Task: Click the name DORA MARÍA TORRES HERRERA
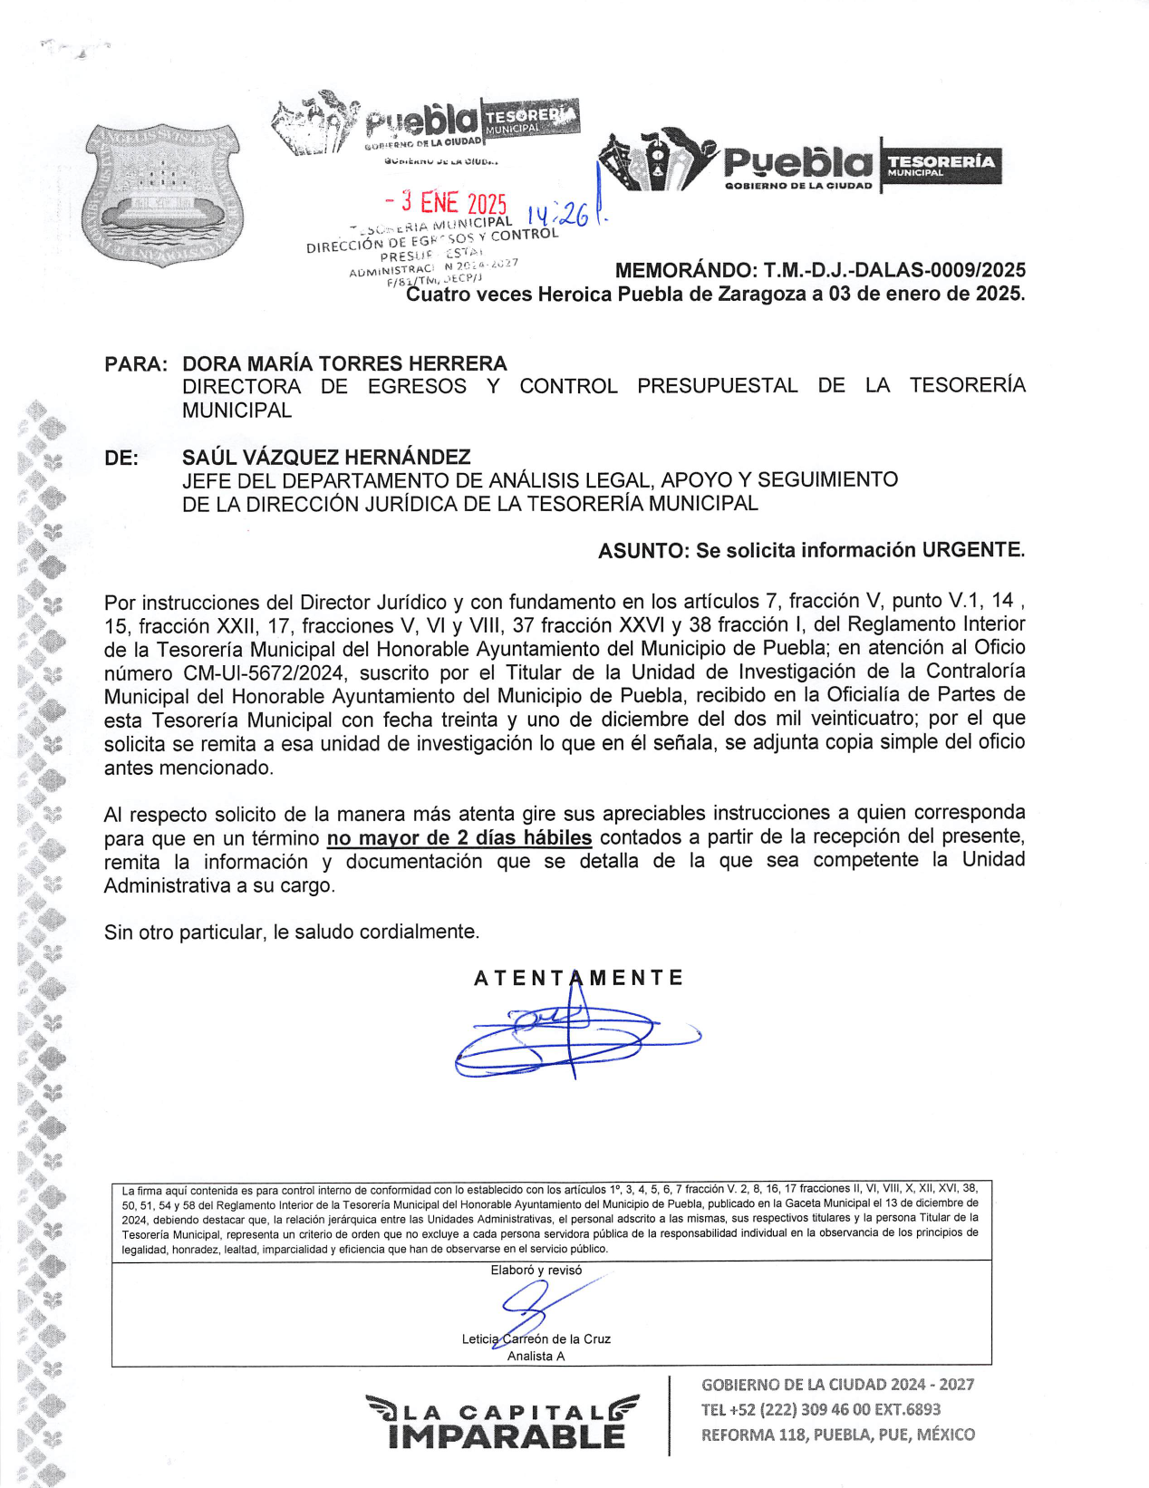point(344,363)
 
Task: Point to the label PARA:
point(136,364)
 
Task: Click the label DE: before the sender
point(121,458)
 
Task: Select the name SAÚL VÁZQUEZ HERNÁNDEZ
point(326,457)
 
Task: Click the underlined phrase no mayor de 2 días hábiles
point(459,837)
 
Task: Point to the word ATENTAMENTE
point(578,978)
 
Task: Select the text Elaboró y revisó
point(536,1271)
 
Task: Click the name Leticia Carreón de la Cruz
point(536,1338)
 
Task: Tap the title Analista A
point(536,1356)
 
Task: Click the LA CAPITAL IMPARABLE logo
point(504,1423)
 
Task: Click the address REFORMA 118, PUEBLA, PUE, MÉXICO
point(837,1435)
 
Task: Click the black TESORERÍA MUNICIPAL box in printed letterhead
point(941,165)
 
